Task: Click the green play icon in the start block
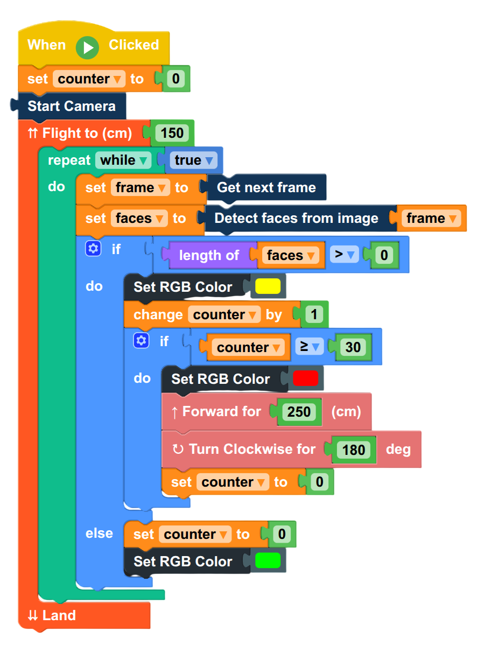pos(87,48)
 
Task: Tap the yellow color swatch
pos(268,286)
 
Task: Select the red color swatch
pos(305,378)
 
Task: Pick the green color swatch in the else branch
pos(268,560)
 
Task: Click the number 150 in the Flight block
pos(172,133)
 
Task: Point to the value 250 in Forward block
pos(299,411)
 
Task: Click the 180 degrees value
pos(354,450)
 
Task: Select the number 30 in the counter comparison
pos(353,347)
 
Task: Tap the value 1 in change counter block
pos(314,314)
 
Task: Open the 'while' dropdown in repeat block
pos(123,160)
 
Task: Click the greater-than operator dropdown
pos(344,254)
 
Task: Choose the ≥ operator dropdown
pos(310,346)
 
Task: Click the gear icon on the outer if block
pos(93,249)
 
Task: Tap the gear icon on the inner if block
pos(141,341)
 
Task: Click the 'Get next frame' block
pos(266,187)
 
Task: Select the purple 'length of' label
pos(209,255)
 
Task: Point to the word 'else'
pos(99,533)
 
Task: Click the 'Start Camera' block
pos(72,106)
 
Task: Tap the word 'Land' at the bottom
pos(59,615)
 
